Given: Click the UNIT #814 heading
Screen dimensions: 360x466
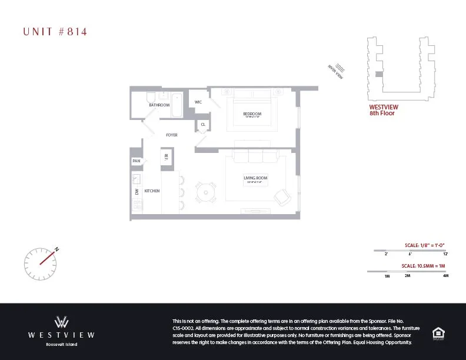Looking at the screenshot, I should tap(55, 32).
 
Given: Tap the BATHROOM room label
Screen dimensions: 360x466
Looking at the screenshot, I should tap(159, 105).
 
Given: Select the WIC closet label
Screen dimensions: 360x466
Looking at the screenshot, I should tap(199, 102).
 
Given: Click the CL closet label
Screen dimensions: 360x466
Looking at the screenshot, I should tap(202, 125).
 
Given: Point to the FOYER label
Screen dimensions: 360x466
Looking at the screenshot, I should tap(172, 135).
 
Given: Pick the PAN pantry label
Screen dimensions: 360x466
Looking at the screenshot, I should tap(137, 161).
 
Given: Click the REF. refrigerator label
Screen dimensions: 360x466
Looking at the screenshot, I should tap(167, 156).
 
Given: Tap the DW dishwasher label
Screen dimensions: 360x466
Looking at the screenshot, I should tap(137, 191).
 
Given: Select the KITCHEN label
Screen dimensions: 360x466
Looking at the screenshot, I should tap(152, 191).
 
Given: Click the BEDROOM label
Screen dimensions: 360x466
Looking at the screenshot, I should tap(252, 113).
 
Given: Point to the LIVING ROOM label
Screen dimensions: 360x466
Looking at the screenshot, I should tap(255, 178).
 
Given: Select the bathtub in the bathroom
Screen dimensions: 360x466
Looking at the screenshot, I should tap(176, 104).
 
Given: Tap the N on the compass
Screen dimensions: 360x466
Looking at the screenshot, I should tap(57, 249).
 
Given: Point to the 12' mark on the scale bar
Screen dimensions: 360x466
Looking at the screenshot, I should tap(445, 254).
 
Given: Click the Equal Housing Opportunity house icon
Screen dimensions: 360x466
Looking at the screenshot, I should tap(438, 333).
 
